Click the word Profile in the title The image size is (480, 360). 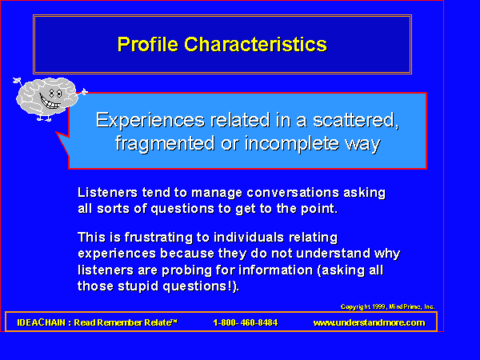click(x=147, y=44)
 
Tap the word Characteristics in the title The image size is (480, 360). click(x=256, y=44)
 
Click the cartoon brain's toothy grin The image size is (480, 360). click(x=50, y=102)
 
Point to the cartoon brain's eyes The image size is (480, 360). click(x=55, y=93)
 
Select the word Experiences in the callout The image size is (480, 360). click(x=150, y=120)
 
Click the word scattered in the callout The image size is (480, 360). click(x=356, y=120)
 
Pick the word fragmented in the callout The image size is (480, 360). click(x=165, y=143)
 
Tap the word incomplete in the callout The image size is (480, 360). click(x=292, y=143)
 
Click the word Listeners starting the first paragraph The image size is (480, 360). click(x=107, y=193)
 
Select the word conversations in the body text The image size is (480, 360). click(x=293, y=193)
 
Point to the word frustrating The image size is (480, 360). click(x=160, y=238)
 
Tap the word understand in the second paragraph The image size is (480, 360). click(x=334, y=254)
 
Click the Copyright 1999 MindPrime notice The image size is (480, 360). click(x=387, y=306)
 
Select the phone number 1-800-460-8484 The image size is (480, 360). click(x=246, y=322)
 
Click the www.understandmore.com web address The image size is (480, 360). click(x=369, y=322)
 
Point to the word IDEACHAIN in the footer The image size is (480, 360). click(x=42, y=322)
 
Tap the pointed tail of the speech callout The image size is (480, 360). click(x=56, y=132)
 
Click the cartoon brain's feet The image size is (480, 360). click(x=44, y=118)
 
